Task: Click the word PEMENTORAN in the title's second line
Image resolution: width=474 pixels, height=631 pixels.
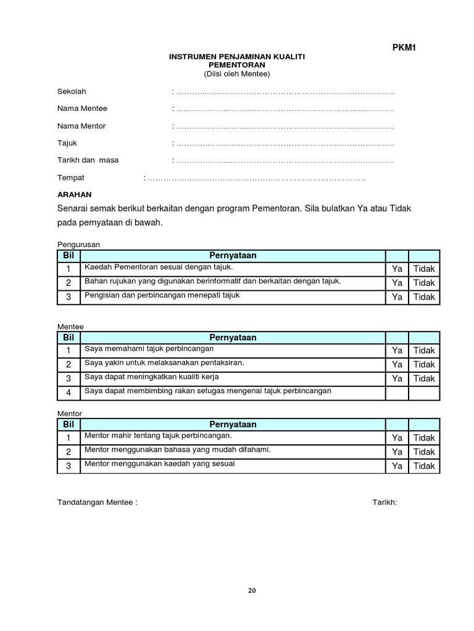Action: (x=237, y=65)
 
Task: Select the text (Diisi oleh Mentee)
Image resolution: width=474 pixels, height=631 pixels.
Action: (x=237, y=74)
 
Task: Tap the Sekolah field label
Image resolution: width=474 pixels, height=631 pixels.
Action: (x=72, y=92)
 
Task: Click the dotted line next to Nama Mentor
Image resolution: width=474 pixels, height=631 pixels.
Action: (x=284, y=126)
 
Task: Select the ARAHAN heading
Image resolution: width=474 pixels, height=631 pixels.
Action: (x=74, y=193)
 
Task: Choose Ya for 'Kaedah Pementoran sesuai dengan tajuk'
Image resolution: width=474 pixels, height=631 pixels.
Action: (x=397, y=269)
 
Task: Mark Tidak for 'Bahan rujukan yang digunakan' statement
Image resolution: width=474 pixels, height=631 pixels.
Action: (x=424, y=283)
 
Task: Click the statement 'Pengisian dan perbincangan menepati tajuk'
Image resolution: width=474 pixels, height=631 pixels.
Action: (x=162, y=295)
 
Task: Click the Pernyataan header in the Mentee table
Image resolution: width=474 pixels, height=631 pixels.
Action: (x=233, y=338)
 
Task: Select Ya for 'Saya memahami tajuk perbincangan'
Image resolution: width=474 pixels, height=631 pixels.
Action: (x=397, y=350)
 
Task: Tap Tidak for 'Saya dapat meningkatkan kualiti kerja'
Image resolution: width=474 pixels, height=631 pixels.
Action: (x=424, y=378)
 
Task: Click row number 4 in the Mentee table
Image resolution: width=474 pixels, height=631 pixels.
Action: (x=69, y=393)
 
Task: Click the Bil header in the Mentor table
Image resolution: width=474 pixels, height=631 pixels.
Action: (x=69, y=425)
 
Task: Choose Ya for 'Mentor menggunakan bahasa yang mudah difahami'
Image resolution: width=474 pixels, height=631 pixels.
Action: (x=397, y=452)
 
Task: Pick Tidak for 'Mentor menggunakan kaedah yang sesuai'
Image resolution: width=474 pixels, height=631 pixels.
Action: (x=424, y=466)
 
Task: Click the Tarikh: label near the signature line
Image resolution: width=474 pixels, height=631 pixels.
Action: (x=385, y=502)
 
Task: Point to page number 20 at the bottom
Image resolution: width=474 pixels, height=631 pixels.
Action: (x=251, y=590)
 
